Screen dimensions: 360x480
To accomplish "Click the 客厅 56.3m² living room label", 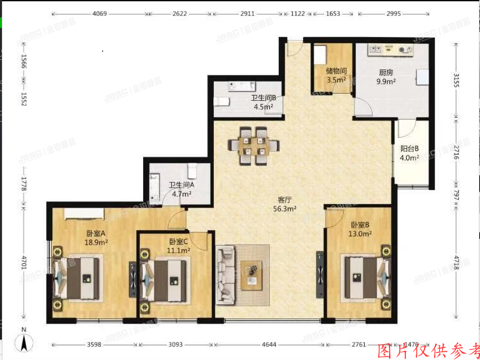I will click(285, 203).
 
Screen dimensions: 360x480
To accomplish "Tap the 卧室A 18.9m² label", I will click(97, 238).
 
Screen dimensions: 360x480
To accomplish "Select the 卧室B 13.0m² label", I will click(360, 229).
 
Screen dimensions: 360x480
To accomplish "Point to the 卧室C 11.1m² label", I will click(180, 246).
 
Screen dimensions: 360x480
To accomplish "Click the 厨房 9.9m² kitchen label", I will click(386, 77).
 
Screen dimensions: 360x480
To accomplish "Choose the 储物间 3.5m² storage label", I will click(335, 75).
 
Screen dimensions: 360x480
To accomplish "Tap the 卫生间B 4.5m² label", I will click(263, 103).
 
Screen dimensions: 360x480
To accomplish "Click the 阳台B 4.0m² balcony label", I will click(409, 153).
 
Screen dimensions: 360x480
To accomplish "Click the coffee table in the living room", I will click(255, 275).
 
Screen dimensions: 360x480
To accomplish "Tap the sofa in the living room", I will click(225, 275).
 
